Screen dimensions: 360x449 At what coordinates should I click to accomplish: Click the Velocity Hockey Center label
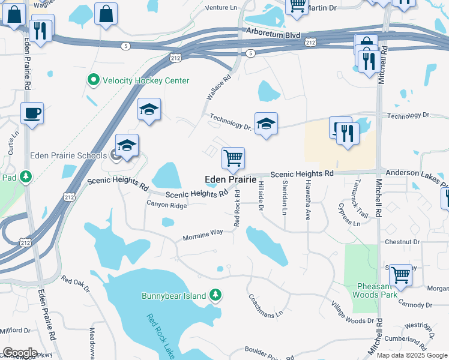pyautogui.click(x=146, y=80)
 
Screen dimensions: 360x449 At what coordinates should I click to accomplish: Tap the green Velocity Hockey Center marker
pyautogui.click(x=94, y=80)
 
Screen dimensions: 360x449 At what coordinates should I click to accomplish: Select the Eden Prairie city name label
pyautogui.click(x=231, y=179)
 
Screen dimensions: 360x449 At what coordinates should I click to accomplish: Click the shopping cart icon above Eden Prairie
pyautogui.click(x=233, y=159)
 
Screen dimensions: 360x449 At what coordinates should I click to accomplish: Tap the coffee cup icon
pyautogui.click(x=32, y=113)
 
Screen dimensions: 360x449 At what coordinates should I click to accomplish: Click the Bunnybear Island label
pyautogui.click(x=174, y=295)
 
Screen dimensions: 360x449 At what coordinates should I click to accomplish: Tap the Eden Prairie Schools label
pyautogui.click(x=68, y=155)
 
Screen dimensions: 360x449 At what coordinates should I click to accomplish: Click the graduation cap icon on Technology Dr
pyautogui.click(x=266, y=124)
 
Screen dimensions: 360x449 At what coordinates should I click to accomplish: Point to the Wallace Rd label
pyautogui.click(x=218, y=90)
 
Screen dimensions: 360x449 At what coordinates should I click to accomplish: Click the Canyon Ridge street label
pyautogui.click(x=167, y=205)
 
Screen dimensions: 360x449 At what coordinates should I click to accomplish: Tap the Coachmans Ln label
pyautogui.click(x=261, y=307)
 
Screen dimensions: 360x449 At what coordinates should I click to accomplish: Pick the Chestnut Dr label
pyautogui.click(x=403, y=242)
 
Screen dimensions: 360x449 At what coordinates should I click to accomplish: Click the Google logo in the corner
pyautogui.click(x=20, y=353)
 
